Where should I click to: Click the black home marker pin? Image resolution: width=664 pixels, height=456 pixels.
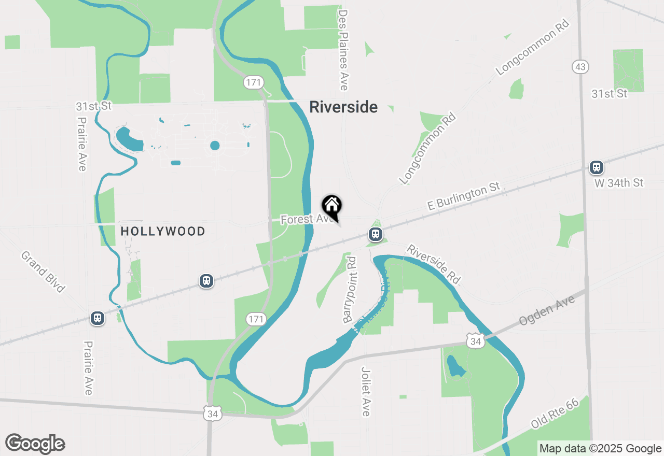pos(332,206)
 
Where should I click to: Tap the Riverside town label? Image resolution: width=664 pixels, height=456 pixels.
pos(343,107)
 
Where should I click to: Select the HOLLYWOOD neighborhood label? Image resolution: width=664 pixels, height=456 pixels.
pos(163,231)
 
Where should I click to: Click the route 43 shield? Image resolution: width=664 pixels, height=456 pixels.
pos(580,67)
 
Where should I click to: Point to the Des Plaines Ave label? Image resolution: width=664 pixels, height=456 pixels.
pos(343,50)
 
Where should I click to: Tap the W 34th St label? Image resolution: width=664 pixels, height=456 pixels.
pos(619,183)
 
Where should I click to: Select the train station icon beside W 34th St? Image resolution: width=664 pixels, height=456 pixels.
pos(597,167)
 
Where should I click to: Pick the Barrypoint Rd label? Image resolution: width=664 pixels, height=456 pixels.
pos(351,289)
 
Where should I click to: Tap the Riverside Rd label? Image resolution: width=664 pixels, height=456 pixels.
pos(433,264)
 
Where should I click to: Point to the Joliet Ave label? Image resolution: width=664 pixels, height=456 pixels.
pos(366,391)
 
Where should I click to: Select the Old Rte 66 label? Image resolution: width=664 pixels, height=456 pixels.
pos(555,414)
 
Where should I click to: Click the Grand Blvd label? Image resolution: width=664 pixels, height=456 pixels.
pos(43,272)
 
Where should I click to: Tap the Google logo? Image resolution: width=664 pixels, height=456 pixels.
pos(35,444)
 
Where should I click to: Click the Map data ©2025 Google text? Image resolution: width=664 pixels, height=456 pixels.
pos(600,449)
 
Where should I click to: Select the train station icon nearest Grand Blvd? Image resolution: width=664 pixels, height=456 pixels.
pos(98,318)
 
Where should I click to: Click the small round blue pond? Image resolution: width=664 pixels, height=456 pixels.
pos(215,146)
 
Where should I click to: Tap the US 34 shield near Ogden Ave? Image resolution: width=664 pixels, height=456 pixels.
pos(475,340)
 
